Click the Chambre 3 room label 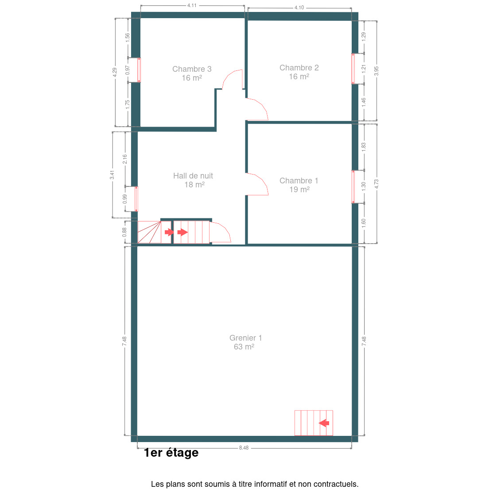pos(192,69)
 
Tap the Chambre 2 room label pos(299,68)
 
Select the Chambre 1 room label pos(299,181)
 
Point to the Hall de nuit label pos(193,176)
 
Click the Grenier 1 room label pos(245,338)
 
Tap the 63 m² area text pos(244,347)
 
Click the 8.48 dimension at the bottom pos(244,448)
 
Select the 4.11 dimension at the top pos(192,5)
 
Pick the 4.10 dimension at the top pos(299,8)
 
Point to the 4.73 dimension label pos(376,184)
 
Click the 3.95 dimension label pos(376,71)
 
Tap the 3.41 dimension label pos(112,175)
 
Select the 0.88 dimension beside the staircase pos(124,232)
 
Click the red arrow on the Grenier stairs pos(324,423)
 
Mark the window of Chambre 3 pos(139,70)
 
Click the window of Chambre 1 pos(353,187)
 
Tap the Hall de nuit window pos(136,199)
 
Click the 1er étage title pos(171,453)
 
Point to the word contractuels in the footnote pos(336,484)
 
